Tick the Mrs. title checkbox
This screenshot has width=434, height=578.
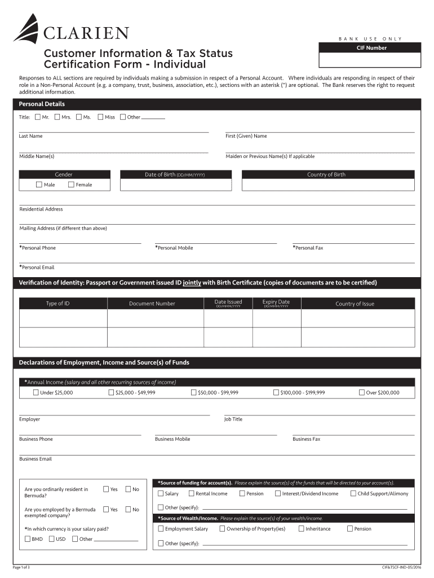(x=57, y=117)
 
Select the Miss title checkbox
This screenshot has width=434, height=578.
(x=100, y=117)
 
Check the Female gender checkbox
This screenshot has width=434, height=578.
(x=71, y=185)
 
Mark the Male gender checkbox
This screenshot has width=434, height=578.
(x=39, y=185)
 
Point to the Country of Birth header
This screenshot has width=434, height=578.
(x=326, y=174)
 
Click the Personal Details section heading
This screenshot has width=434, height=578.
(x=42, y=104)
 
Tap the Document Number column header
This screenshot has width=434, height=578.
(x=152, y=304)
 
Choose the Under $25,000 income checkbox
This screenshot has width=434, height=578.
(x=36, y=392)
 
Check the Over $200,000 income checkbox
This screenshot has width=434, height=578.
(x=362, y=392)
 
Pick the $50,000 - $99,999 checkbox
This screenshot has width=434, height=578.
(x=194, y=392)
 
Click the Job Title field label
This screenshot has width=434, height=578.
(x=233, y=419)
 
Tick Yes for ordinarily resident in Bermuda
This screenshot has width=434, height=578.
(x=106, y=489)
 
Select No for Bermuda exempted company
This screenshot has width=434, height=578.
(x=128, y=509)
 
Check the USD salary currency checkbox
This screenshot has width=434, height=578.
(x=52, y=539)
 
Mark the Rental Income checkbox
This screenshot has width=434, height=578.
(x=192, y=493)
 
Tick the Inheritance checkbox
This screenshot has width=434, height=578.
(x=302, y=529)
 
